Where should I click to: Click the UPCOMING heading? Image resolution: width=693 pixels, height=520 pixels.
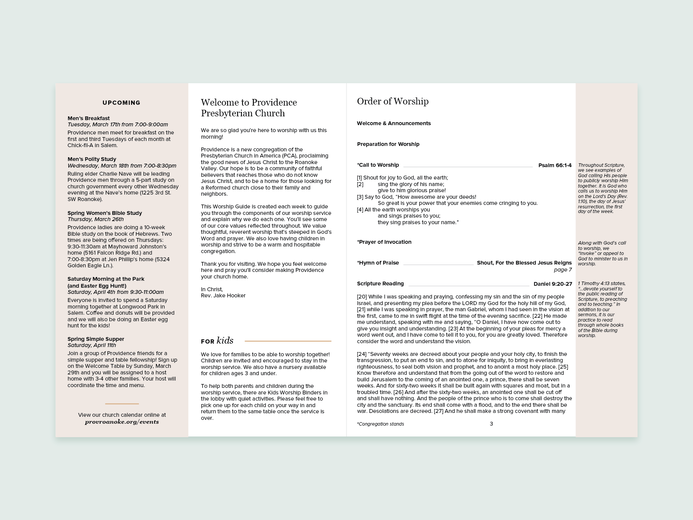(x=121, y=103)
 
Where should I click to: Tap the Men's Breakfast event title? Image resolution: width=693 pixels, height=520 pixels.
(x=89, y=118)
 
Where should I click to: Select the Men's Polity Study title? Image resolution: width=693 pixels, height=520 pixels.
(x=92, y=159)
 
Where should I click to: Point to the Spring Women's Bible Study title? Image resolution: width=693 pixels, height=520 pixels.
(x=105, y=213)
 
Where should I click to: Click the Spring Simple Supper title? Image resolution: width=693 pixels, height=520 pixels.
(x=96, y=339)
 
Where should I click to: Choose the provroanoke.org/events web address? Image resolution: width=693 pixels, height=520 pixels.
(x=122, y=422)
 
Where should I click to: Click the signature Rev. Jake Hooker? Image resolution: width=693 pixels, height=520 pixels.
(x=223, y=295)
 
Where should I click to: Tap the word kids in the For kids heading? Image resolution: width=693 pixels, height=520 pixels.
(x=225, y=341)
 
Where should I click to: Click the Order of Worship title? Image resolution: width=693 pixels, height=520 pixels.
(x=393, y=101)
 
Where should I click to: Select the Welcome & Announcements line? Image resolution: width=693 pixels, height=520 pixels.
(x=394, y=123)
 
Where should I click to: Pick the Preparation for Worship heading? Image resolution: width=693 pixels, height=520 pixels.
(x=388, y=144)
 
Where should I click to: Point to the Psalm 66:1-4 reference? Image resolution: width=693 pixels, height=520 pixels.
(x=555, y=165)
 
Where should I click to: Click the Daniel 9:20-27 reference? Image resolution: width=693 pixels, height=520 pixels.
(x=552, y=284)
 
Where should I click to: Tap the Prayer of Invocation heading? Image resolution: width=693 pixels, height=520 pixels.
(x=384, y=242)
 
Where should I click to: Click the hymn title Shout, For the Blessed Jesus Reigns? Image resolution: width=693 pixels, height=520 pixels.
(x=524, y=263)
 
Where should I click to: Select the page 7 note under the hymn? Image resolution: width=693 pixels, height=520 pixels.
(x=562, y=270)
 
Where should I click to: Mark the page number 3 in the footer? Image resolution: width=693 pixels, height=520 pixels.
(x=491, y=424)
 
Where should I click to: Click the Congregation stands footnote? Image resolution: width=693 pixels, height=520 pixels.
(x=380, y=424)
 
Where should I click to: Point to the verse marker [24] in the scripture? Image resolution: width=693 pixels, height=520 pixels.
(x=362, y=354)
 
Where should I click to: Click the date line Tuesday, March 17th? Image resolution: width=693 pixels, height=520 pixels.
(x=118, y=124)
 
